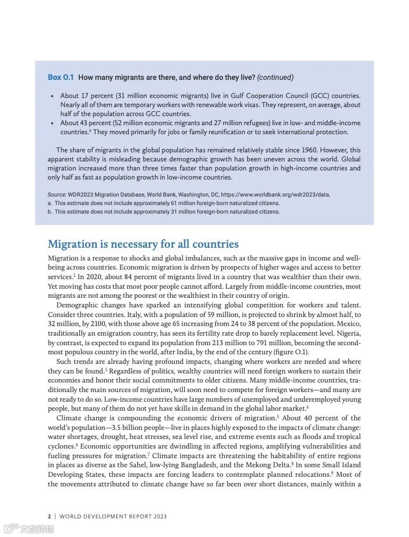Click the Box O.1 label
[x=60, y=77]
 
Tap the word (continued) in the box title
[x=275, y=77]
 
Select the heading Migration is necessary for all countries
[x=143, y=245]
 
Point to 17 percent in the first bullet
[x=97, y=96]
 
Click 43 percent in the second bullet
[x=97, y=123]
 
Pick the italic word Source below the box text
[x=56, y=194]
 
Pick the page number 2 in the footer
[x=50, y=516]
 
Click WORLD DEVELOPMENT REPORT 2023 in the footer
[x=113, y=516]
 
